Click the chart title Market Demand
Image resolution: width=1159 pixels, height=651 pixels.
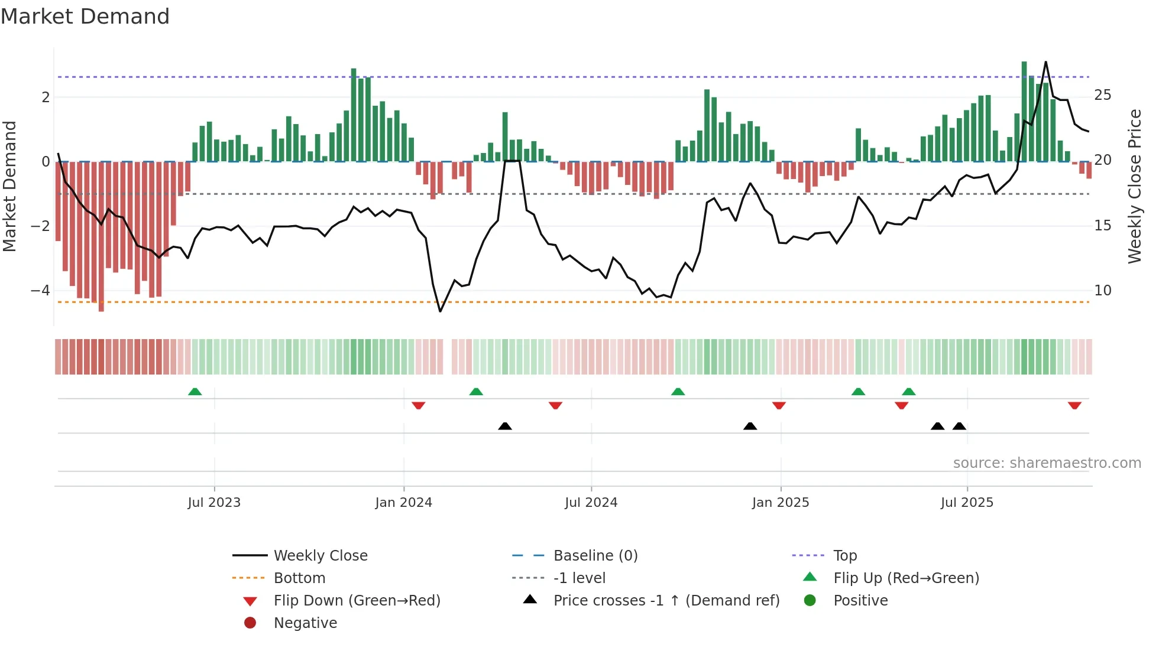85,17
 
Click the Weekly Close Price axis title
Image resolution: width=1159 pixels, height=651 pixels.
1134,186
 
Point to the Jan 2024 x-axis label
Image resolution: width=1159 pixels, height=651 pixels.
403,503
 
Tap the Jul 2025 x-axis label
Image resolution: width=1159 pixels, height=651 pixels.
967,503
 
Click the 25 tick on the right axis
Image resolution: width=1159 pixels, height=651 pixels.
1102,95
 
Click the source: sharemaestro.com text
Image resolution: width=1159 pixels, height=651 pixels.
1047,463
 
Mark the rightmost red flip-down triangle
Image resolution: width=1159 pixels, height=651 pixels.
1074,405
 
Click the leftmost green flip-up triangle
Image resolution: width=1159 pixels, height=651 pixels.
195,392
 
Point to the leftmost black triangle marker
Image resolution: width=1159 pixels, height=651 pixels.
504,426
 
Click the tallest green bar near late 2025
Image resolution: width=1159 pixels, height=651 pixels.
1024,112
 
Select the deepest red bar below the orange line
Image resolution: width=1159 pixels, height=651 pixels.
101,236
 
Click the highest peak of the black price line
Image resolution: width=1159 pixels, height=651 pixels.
1045,63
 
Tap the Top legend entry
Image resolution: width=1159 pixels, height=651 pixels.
844,556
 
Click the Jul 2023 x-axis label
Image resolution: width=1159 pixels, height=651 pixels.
214,503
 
